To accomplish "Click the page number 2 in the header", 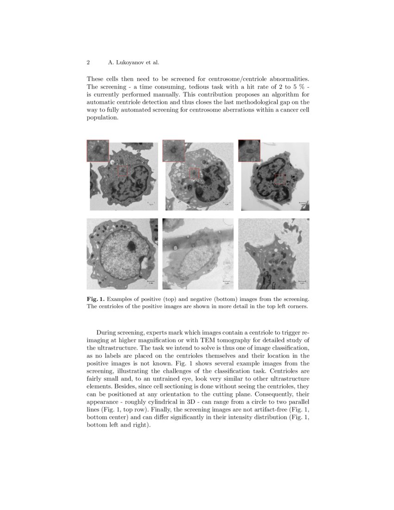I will pyautogui.click(x=88, y=62).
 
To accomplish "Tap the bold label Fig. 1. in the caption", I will pyautogui.click(x=95, y=299).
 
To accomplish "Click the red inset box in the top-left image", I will pyautogui.click(x=98, y=151).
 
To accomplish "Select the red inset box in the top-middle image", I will pyautogui.click(x=173, y=151).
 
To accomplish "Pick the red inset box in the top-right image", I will pyautogui.click(x=249, y=151).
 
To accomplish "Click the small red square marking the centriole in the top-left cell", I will pyautogui.click(x=122, y=171).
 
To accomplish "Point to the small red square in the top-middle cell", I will pyautogui.click(x=195, y=173).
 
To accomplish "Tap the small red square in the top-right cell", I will pyautogui.click(x=279, y=179).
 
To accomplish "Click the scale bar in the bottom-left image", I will pyautogui.click(x=151, y=280).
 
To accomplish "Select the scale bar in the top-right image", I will pyautogui.click(x=302, y=202).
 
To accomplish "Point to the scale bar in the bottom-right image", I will pyautogui.click(x=302, y=280).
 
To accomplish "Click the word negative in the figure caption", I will pyautogui.click(x=215, y=299).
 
